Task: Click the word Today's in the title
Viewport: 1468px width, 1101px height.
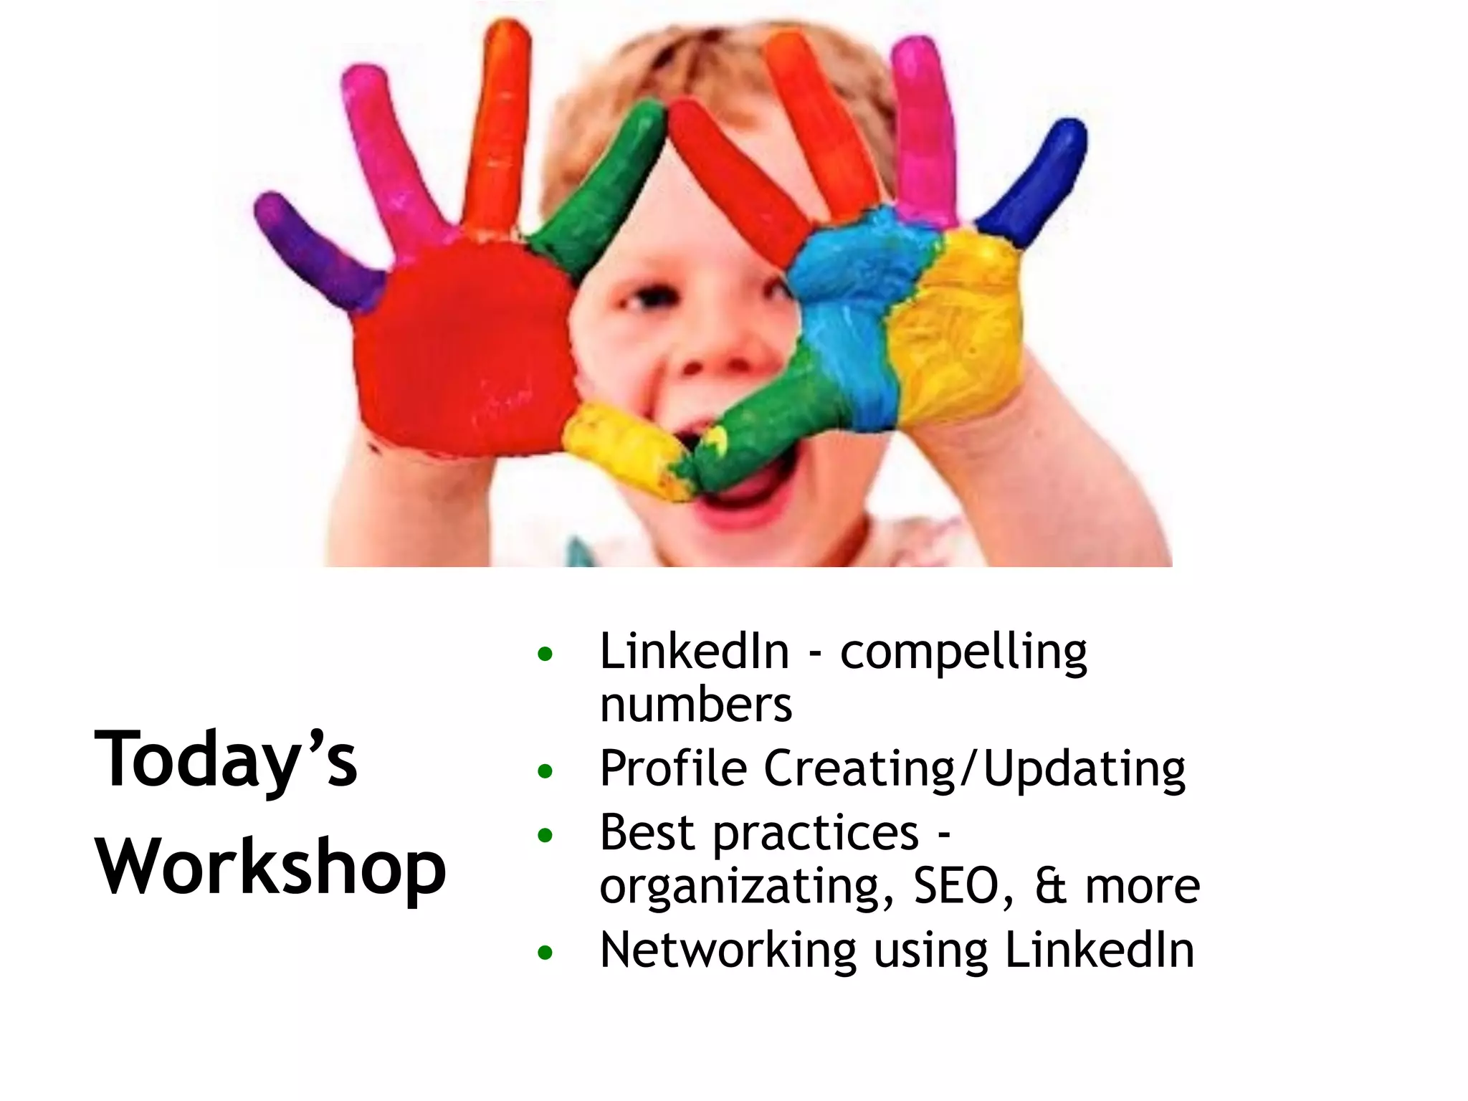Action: point(226,759)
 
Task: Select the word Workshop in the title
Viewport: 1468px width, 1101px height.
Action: point(271,867)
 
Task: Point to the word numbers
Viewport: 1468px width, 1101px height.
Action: point(696,705)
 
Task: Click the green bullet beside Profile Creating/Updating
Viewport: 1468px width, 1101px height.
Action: point(545,772)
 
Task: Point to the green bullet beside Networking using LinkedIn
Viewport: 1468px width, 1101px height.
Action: point(545,953)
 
